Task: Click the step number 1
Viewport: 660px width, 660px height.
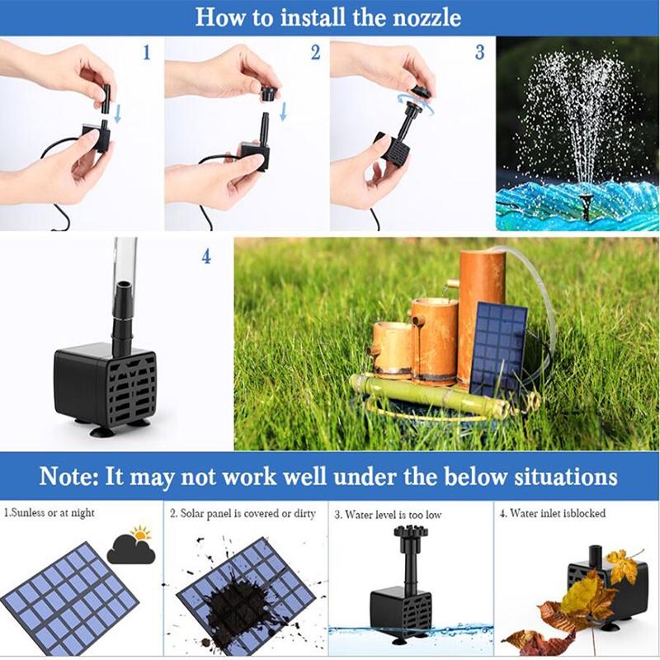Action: pos(147,53)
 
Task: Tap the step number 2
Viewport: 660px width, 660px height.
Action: pos(315,53)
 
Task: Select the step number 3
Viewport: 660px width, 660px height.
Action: pos(479,53)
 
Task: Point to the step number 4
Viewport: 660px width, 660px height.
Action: pos(206,257)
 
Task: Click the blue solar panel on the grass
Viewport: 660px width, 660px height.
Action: pos(499,346)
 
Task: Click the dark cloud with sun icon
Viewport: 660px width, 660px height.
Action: pos(132,547)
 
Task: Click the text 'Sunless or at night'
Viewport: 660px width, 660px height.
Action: pos(50,513)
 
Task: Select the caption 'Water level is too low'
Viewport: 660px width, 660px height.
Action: pos(388,514)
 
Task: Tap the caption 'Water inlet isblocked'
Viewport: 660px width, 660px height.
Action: pos(552,513)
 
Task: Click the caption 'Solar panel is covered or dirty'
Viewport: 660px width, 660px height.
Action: pos(243,513)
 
